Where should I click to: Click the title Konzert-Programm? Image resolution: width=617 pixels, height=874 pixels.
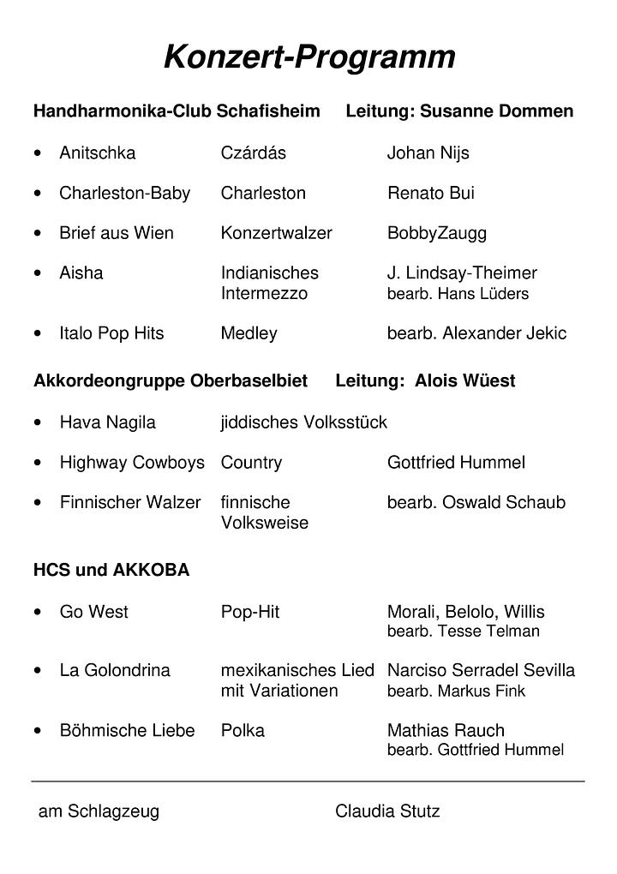click(x=309, y=58)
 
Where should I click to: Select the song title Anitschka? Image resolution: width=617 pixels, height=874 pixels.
click(x=97, y=153)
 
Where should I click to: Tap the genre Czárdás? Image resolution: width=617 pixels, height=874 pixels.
click(x=253, y=153)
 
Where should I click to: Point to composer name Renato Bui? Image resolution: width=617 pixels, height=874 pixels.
click(x=430, y=194)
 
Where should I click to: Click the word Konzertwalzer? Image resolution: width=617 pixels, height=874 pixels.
click(x=276, y=233)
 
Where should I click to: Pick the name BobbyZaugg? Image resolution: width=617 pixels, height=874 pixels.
click(x=436, y=233)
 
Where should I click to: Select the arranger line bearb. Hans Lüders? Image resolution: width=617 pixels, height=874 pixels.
click(x=458, y=294)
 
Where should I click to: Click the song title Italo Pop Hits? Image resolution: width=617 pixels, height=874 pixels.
click(x=111, y=333)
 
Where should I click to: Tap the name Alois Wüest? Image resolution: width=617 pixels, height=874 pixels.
click(x=464, y=381)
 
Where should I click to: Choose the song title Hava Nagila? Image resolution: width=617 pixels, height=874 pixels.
click(x=107, y=422)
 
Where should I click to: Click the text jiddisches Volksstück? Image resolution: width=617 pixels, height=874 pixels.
click(x=303, y=422)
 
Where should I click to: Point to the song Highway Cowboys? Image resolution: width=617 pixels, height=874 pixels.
click(x=132, y=463)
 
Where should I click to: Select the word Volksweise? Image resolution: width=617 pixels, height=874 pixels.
click(x=264, y=523)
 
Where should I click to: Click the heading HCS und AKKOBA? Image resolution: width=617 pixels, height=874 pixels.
click(x=111, y=571)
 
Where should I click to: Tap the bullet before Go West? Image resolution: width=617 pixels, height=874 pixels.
click(x=38, y=613)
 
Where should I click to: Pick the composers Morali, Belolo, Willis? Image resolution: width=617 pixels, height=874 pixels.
click(x=465, y=612)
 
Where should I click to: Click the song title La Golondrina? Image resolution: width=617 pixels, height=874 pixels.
click(x=115, y=670)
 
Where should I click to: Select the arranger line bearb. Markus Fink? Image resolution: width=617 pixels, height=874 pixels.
click(x=456, y=691)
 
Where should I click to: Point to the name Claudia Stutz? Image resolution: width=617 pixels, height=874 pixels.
click(x=387, y=811)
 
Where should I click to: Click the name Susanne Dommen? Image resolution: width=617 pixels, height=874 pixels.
click(x=497, y=111)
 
